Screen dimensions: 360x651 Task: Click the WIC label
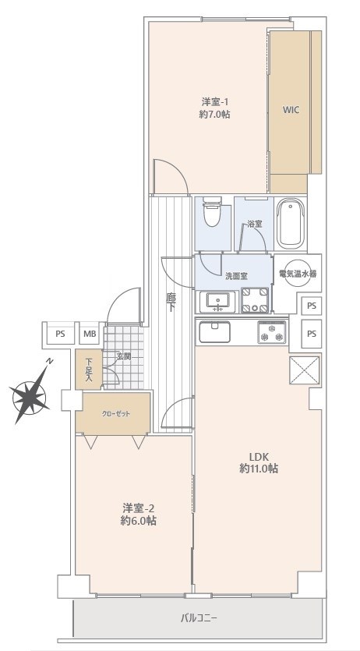click(x=291, y=111)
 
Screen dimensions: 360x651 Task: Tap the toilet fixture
click(x=212, y=213)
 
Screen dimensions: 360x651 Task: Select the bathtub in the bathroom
click(x=291, y=223)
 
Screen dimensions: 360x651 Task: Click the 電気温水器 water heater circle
click(x=298, y=274)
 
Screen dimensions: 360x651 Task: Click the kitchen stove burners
click(x=272, y=333)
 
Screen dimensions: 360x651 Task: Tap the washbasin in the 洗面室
click(x=217, y=302)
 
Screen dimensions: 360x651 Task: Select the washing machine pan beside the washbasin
click(x=255, y=299)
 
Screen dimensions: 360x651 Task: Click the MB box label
click(x=90, y=333)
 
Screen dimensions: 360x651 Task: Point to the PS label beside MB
click(x=61, y=333)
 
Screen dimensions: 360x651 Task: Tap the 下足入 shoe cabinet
click(x=89, y=370)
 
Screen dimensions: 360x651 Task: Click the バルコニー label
click(x=199, y=618)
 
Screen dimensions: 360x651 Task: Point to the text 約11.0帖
click(x=259, y=469)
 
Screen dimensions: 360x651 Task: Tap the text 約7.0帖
click(x=214, y=114)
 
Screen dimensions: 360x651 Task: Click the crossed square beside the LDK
click(x=304, y=370)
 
